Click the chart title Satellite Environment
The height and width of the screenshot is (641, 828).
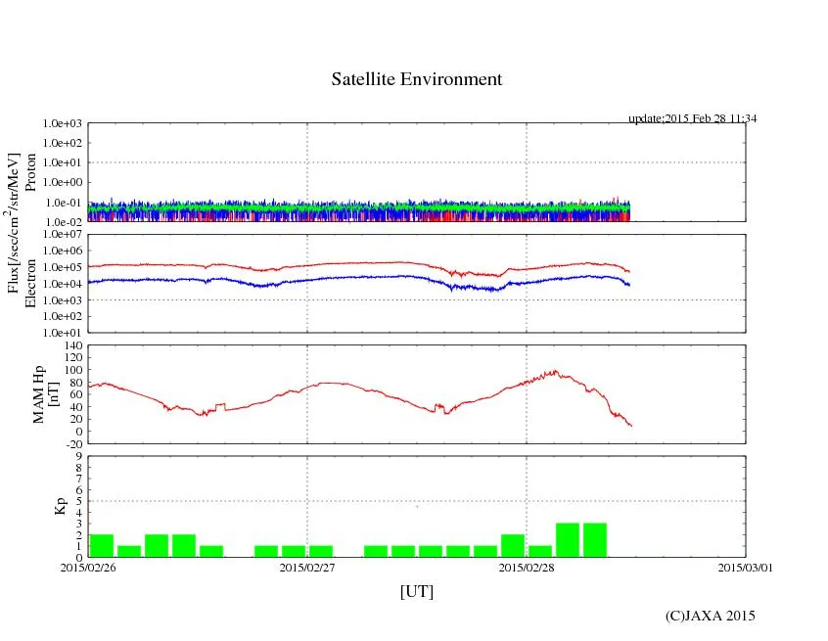point(417,79)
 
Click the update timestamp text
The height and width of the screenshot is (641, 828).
point(693,118)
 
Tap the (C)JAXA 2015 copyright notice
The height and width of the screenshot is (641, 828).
point(710,616)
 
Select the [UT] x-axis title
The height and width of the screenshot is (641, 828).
point(416,592)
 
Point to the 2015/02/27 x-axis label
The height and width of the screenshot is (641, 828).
point(307,567)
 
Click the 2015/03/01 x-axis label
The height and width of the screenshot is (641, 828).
point(745,567)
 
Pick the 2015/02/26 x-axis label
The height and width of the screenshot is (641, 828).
point(88,567)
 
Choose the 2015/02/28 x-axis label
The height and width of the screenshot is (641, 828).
point(527,567)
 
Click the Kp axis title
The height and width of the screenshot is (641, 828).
point(60,506)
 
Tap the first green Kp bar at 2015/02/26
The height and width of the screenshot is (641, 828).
point(102,546)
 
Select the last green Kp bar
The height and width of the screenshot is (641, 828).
point(595,540)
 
